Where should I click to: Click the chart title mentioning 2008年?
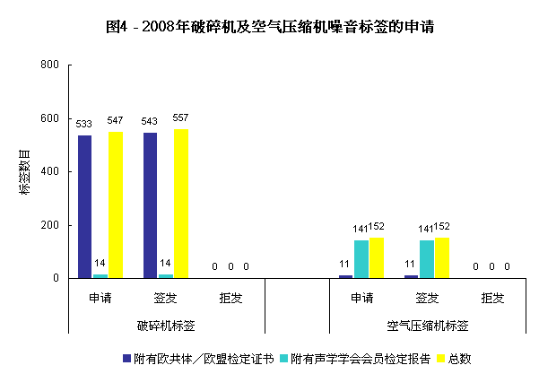pyautogui.click(x=270, y=27)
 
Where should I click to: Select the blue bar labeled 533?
pyautogui.click(x=84, y=206)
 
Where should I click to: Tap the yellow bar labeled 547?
pyautogui.click(x=116, y=204)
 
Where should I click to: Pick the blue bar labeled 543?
pyautogui.click(x=150, y=205)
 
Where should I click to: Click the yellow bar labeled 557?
pyautogui.click(x=181, y=204)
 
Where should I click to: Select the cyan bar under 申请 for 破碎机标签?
pyautogui.click(x=100, y=275)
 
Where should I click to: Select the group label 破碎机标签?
pyautogui.click(x=166, y=324)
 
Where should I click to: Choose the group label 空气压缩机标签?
pyautogui.click(x=427, y=324)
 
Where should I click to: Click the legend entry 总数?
pyautogui.click(x=459, y=358)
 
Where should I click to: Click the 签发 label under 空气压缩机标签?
pyautogui.click(x=427, y=298)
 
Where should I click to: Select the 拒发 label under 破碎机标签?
pyautogui.click(x=230, y=298)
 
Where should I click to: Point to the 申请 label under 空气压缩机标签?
pyautogui.click(x=361, y=298)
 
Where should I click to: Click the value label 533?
pyautogui.click(x=84, y=123)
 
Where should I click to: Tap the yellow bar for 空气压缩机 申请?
pyautogui.click(x=377, y=258)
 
